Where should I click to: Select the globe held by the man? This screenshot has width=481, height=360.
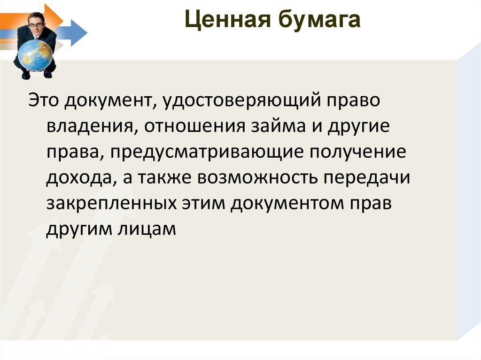click(x=35, y=55)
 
